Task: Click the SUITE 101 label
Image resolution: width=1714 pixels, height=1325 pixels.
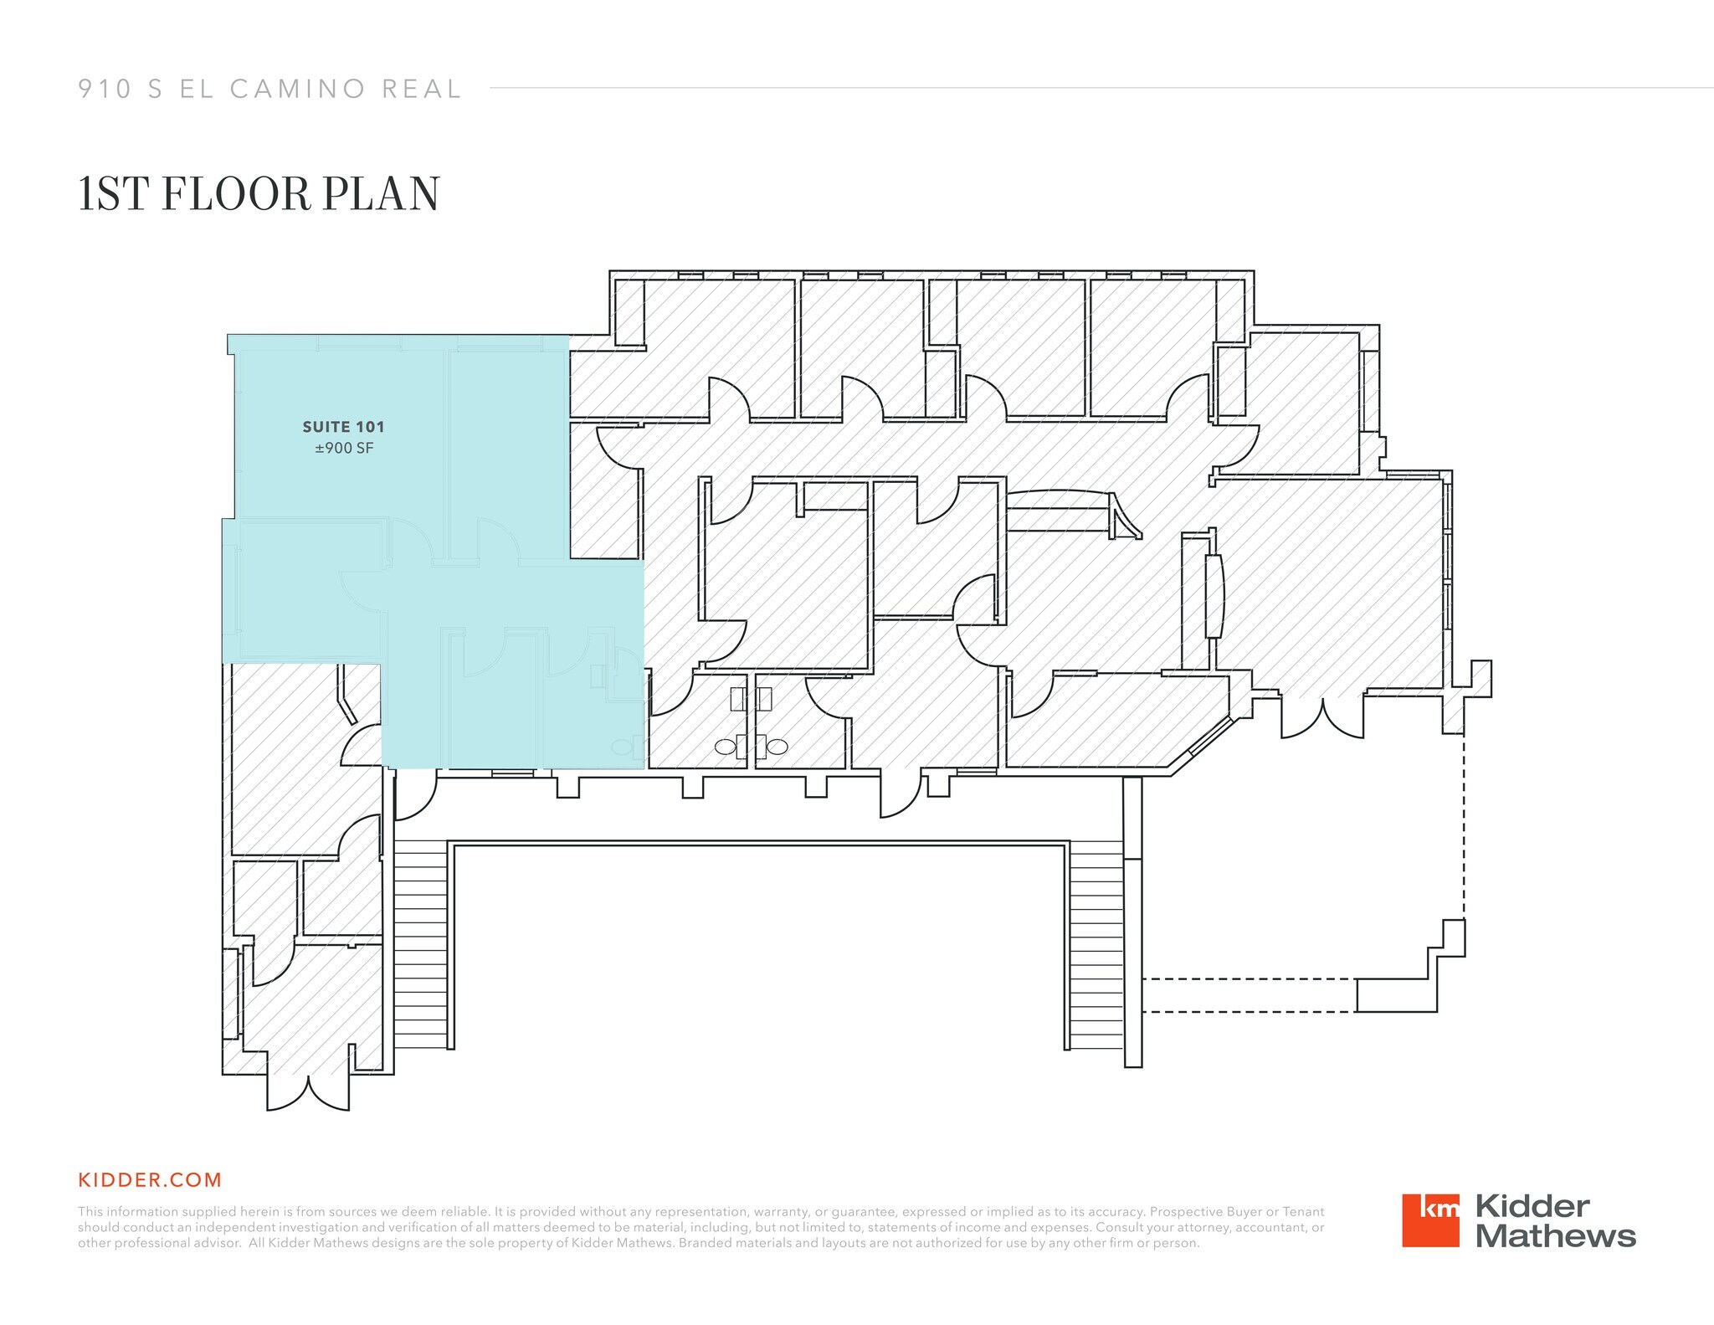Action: point(343,427)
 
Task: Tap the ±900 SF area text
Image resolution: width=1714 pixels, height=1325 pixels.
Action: point(344,449)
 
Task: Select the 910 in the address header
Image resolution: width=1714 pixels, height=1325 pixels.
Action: point(105,89)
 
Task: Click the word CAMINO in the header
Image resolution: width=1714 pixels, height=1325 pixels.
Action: point(297,89)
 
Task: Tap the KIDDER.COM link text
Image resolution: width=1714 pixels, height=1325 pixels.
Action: point(150,1180)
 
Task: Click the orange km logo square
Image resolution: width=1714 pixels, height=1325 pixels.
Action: point(1430,1220)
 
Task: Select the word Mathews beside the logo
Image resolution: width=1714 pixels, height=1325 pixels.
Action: point(1555,1236)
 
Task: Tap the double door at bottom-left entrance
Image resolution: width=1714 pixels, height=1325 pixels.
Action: point(308,1091)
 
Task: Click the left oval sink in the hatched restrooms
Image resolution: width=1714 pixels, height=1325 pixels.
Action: point(726,747)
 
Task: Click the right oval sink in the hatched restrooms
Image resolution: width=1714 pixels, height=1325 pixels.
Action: point(777,747)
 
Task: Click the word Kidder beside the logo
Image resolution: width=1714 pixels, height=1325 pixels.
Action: point(1532,1206)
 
